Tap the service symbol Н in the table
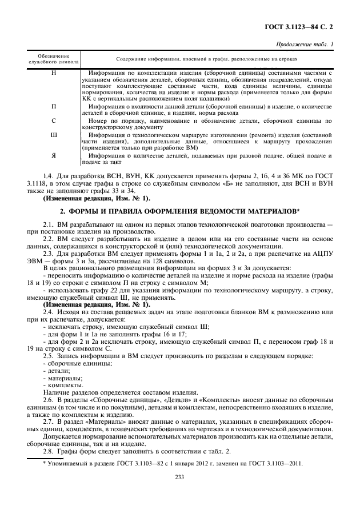click(54, 73)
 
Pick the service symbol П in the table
click(54, 106)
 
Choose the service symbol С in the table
click(54, 121)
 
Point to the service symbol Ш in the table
click(54, 135)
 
